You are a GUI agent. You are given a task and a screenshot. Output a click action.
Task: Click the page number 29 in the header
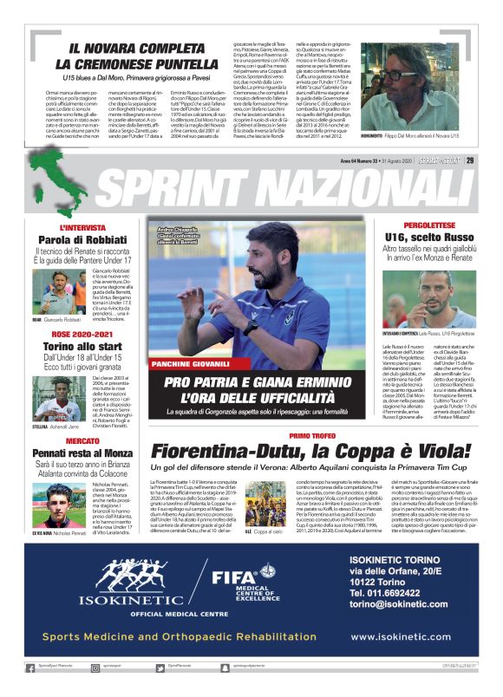tap(493, 160)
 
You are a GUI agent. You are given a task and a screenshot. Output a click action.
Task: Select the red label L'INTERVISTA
tap(84, 227)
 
